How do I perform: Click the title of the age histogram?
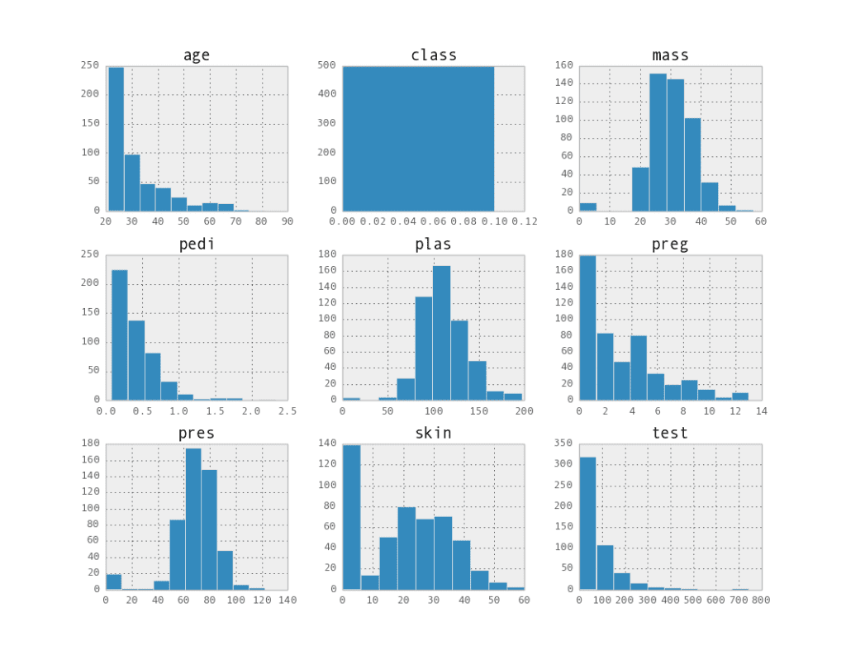point(196,55)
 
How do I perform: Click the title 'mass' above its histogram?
point(670,55)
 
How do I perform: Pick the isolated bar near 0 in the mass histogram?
point(587,206)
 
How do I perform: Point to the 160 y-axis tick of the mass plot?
point(564,65)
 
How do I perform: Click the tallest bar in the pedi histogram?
point(120,335)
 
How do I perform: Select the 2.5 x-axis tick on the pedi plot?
point(287,411)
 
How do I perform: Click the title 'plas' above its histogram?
point(433,244)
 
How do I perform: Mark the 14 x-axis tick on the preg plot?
point(761,411)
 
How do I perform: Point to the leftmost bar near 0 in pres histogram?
point(113,581)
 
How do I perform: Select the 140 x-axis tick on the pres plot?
point(287,600)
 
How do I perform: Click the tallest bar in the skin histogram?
point(351,517)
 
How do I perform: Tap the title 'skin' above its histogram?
point(433,433)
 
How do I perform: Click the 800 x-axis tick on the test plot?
point(761,600)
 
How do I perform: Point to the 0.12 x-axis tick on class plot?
point(524,221)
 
